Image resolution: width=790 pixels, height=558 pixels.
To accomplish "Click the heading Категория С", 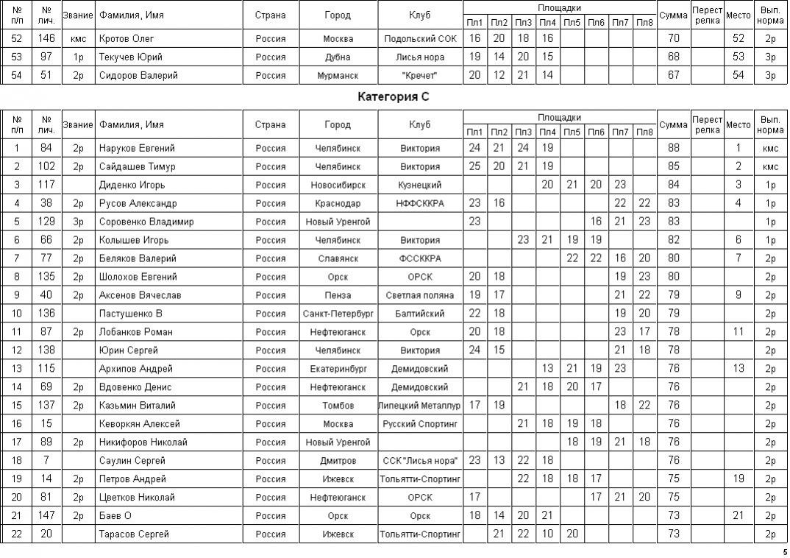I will [394, 96].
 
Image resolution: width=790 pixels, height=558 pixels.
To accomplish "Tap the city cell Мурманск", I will [338, 75].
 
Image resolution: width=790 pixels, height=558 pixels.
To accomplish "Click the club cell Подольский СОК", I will [420, 38].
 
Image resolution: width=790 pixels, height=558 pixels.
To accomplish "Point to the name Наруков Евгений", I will [137, 148].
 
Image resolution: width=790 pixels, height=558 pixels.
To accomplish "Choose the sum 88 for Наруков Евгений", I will [673, 148].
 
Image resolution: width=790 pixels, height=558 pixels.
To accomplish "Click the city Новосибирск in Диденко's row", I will [338, 185].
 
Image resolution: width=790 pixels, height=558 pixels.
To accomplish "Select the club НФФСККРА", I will [420, 203].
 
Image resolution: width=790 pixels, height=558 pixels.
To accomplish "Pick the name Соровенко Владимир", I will [146, 222].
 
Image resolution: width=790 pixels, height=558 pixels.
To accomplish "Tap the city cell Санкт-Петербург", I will [338, 314].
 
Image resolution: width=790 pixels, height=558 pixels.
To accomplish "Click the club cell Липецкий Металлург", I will [420, 406].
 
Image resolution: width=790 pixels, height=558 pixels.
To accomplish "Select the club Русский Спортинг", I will [420, 424].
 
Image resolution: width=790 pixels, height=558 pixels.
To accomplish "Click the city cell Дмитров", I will [338, 461].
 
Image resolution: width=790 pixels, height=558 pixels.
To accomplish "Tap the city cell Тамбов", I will [338, 406].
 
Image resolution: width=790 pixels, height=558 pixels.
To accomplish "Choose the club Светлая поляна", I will [420, 295].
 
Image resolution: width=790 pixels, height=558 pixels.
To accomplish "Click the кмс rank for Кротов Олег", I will [78, 38].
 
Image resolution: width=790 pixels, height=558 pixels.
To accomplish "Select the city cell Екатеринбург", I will [338, 369].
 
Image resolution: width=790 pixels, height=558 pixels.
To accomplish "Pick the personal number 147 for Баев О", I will [46, 516].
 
